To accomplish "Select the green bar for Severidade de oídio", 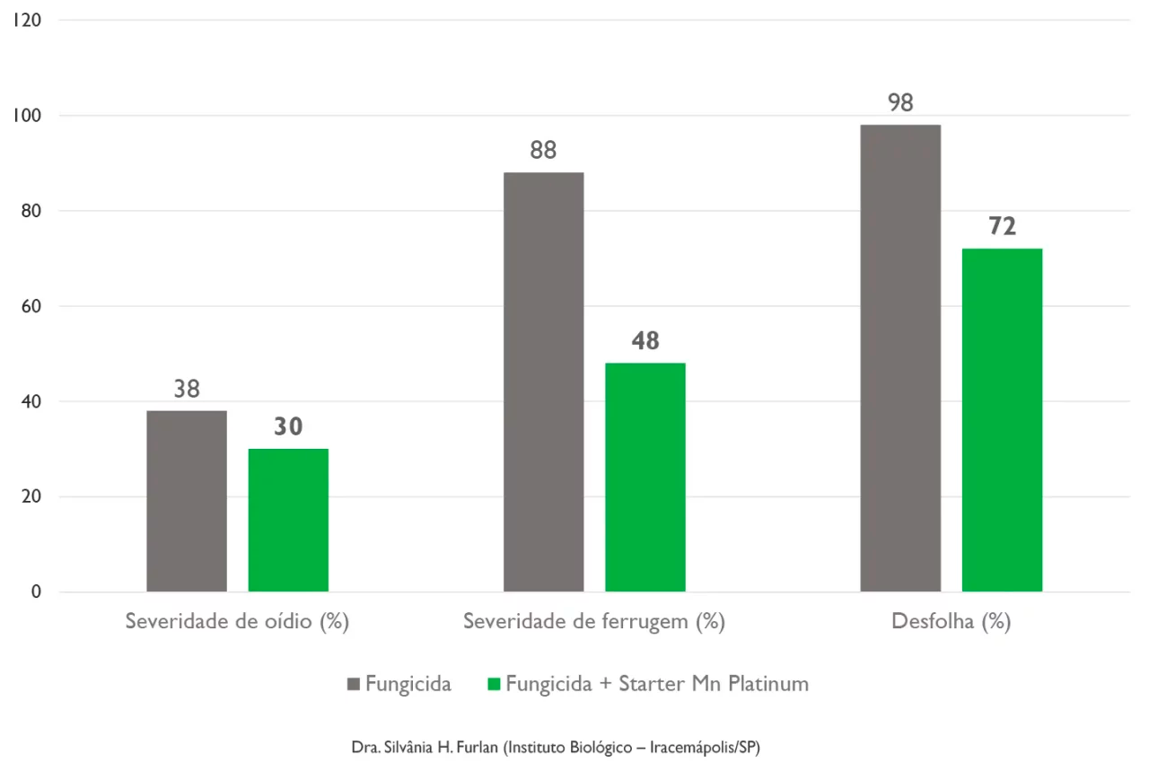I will coord(288,520).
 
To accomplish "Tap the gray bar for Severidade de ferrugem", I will coord(543,381).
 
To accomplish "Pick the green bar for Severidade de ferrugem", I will coord(645,477).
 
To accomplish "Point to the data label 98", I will coord(900,103).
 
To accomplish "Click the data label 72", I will coord(1002,227).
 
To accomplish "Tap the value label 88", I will coord(543,151).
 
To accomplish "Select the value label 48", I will coord(645,341).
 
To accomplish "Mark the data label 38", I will coord(187,390).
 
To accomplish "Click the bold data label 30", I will coord(288,427).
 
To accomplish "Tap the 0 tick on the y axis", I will coord(35,592).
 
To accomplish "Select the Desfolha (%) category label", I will coord(951,622).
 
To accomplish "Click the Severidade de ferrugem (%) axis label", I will coord(593,622).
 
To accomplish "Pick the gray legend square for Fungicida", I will coord(354,685).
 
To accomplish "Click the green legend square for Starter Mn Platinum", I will coord(493,685).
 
